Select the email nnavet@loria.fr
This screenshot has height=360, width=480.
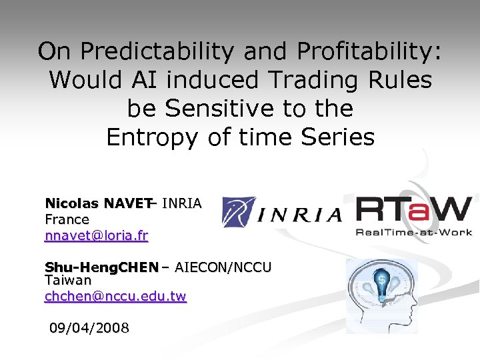(x=96, y=235)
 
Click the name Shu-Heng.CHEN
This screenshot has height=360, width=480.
(x=101, y=267)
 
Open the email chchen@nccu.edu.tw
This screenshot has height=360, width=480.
(x=115, y=296)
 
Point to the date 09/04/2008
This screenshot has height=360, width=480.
(x=89, y=328)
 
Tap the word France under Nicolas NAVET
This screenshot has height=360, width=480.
(x=67, y=219)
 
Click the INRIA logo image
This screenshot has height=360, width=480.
(x=281, y=211)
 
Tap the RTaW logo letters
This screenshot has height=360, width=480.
(x=414, y=210)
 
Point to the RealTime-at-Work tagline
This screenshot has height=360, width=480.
(x=414, y=232)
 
